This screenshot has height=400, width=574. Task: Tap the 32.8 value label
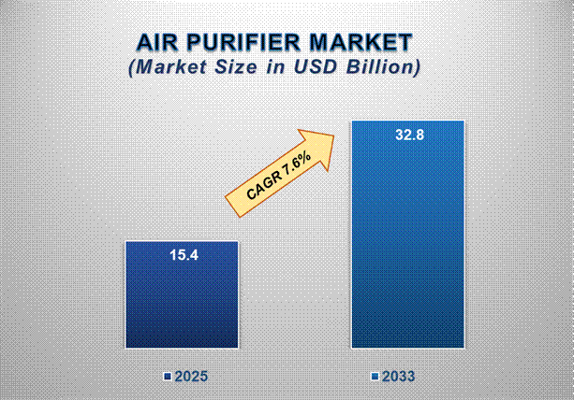(409, 135)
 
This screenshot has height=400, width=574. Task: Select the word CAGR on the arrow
(264, 181)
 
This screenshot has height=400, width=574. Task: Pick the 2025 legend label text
(190, 377)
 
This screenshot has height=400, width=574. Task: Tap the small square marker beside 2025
(166, 377)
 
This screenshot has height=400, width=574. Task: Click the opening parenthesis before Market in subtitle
(131, 68)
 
